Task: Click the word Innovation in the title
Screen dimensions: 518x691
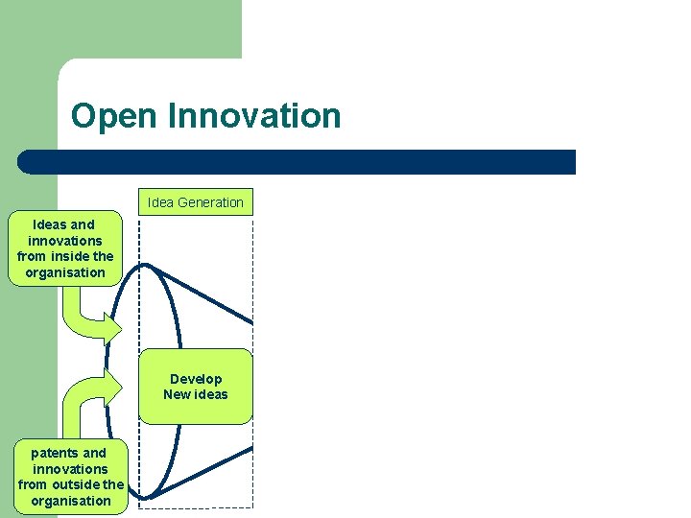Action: [x=253, y=116]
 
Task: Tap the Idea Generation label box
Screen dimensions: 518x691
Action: [x=196, y=201]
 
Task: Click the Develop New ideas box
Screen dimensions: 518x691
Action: [x=196, y=387]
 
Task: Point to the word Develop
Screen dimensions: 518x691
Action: [x=196, y=379]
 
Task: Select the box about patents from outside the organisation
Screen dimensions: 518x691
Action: [x=70, y=477]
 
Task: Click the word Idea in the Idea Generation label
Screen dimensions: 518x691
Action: [x=159, y=202]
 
